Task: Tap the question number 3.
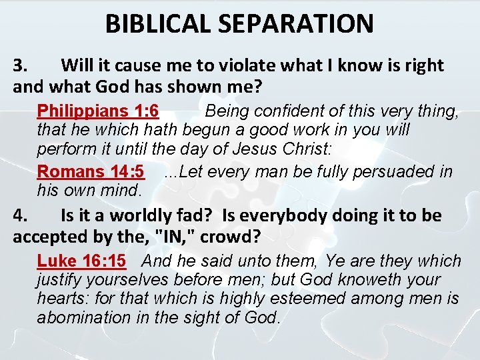(x=20, y=65)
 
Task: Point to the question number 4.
(x=20, y=215)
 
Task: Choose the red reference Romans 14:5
(x=91, y=171)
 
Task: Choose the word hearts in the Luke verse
(x=59, y=299)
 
